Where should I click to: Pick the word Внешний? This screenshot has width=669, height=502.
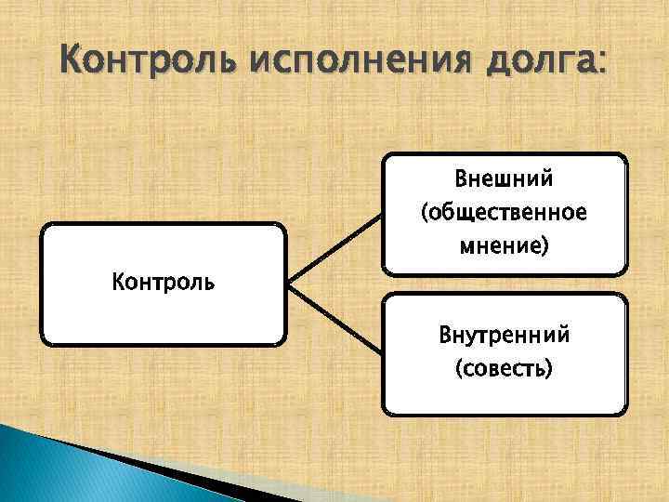click(x=504, y=178)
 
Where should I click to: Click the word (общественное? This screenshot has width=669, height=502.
click(x=504, y=213)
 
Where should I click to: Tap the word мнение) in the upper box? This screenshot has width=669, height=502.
click(x=504, y=247)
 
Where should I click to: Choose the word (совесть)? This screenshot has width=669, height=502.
click(x=504, y=369)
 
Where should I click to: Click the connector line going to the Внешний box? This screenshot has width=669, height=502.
click(x=334, y=246)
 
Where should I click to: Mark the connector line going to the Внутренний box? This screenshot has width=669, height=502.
click(x=334, y=319)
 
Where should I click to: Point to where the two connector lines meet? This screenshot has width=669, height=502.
click(x=289, y=283)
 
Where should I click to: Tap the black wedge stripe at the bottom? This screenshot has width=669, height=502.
click(x=167, y=469)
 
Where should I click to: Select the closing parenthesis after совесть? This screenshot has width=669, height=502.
click(x=548, y=370)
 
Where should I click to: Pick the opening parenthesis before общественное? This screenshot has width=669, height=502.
click(x=425, y=214)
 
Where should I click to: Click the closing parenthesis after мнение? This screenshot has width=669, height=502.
click(x=545, y=248)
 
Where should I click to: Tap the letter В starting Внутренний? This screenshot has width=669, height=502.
click(x=445, y=334)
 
